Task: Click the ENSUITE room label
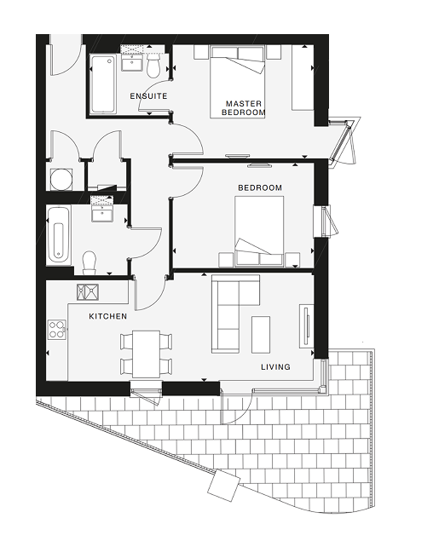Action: click(148, 96)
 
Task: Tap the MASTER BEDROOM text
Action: click(244, 107)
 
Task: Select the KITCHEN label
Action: click(108, 316)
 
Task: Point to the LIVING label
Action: click(275, 366)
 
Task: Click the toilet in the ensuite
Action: click(153, 66)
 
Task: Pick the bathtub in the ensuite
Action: click(102, 83)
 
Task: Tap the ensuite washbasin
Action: click(132, 63)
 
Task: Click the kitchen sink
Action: click(88, 292)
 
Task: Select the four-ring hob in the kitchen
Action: click(56, 330)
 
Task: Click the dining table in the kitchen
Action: click(146, 354)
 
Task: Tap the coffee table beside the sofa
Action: click(261, 335)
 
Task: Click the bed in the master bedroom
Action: click(238, 82)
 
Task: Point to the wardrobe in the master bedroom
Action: click(303, 78)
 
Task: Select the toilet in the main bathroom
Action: click(90, 263)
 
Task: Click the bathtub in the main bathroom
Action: click(59, 234)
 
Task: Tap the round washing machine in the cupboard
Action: click(61, 179)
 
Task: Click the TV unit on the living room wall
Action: click(306, 326)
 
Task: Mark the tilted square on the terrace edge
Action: click(223, 486)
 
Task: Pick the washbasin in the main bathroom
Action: click(101, 213)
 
